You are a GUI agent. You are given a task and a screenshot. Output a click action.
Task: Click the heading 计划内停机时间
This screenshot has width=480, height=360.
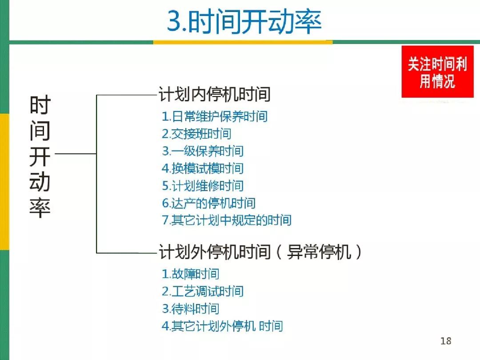tap(215, 95)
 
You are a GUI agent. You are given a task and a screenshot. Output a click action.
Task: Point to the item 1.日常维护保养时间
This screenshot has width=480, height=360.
tap(215, 116)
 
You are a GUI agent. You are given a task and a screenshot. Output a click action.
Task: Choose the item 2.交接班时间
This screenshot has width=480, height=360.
tap(196, 134)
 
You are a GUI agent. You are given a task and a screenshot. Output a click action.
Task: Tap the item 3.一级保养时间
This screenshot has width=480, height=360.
tap(203, 151)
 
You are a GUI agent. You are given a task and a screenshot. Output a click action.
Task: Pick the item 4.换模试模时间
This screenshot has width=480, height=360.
tap(203, 168)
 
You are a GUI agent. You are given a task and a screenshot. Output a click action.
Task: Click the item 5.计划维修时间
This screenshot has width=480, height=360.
tap(203, 186)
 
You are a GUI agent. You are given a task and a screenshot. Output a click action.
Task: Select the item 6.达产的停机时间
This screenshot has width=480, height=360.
tap(208, 203)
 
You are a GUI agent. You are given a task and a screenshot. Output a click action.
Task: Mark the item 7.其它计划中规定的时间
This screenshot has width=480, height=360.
tap(227, 220)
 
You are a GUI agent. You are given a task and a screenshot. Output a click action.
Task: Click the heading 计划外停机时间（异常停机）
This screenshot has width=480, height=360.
tap(260, 253)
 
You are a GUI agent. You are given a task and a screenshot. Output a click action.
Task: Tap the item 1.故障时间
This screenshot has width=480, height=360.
tap(191, 274)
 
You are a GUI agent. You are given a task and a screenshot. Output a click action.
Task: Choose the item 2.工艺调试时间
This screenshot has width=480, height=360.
tap(203, 292)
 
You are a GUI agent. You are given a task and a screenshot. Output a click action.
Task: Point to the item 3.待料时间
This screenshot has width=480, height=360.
tap(191, 309)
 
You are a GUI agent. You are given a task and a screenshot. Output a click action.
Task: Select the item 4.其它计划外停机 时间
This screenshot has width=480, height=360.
tap(222, 326)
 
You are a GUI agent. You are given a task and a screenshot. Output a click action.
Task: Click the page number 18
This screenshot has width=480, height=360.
tap(446, 341)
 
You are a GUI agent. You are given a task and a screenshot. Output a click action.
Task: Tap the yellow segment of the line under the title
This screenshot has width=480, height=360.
tap(243, 42)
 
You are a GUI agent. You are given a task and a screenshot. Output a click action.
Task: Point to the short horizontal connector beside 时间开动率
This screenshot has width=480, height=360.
tap(76, 154)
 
